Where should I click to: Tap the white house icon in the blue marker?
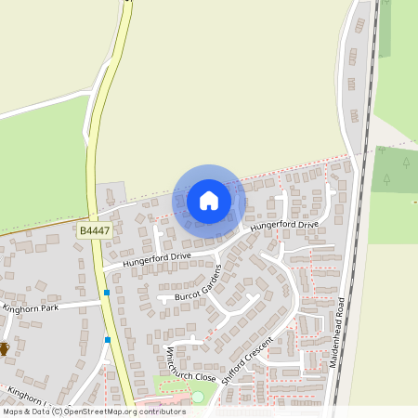click(x=209, y=200)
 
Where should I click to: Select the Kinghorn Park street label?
click(x=31, y=307)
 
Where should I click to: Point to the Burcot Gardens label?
click(x=196, y=286)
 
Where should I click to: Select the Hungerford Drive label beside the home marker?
click(x=284, y=226)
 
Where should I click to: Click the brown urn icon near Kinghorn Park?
click(x=4, y=348)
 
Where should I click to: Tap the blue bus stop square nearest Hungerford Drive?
click(x=107, y=293)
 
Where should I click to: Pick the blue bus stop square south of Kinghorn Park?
click(x=108, y=340)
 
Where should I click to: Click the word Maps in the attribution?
click(x=12, y=411)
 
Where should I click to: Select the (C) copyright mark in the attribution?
click(x=57, y=411)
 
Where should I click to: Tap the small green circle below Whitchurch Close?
click(x=197, y=398)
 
